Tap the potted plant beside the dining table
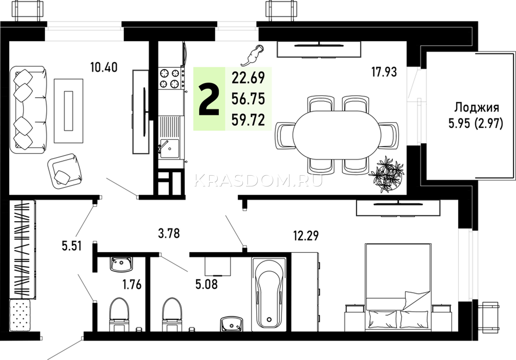387,174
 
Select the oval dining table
337,135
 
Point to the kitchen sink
170,149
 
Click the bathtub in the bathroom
269,294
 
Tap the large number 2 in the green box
209,100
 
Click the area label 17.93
384,72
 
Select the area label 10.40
104,67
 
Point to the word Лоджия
477,108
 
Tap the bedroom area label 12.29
306,236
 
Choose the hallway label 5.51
72,246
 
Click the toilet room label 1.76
132,285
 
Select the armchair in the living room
65,171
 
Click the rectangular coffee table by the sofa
68,111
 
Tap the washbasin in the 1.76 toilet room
121,264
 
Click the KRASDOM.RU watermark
258,180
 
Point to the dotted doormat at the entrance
20,315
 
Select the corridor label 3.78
169,233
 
